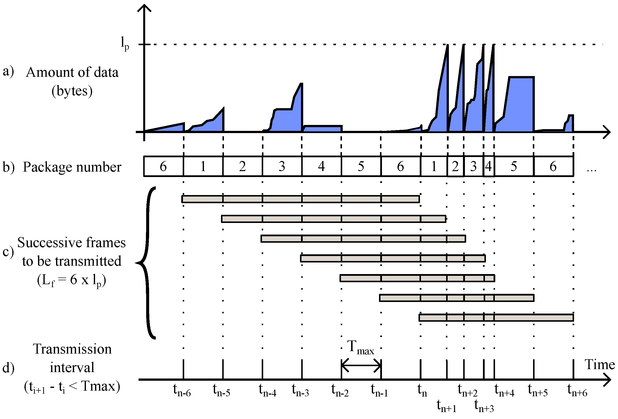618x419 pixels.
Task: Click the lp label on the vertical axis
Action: coord(125,43)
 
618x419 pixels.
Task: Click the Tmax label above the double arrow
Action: coord(360,348)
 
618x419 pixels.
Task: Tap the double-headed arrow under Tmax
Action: coord(361,366)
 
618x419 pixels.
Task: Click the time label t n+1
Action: coord(447,406)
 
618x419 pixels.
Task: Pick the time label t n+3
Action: coord(484,406)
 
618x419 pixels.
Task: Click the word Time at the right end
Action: coord(600,364)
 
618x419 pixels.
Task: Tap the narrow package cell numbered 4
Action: coord(488,166)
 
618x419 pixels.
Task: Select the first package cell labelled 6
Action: coord(163,166)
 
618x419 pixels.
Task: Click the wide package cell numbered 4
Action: coord(321,166)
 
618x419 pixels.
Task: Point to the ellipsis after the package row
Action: coord(591,170)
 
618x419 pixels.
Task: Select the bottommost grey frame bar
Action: coord(496,318)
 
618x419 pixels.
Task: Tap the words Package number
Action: coord(72,167)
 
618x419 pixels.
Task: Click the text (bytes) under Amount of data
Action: coord(72,91)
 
